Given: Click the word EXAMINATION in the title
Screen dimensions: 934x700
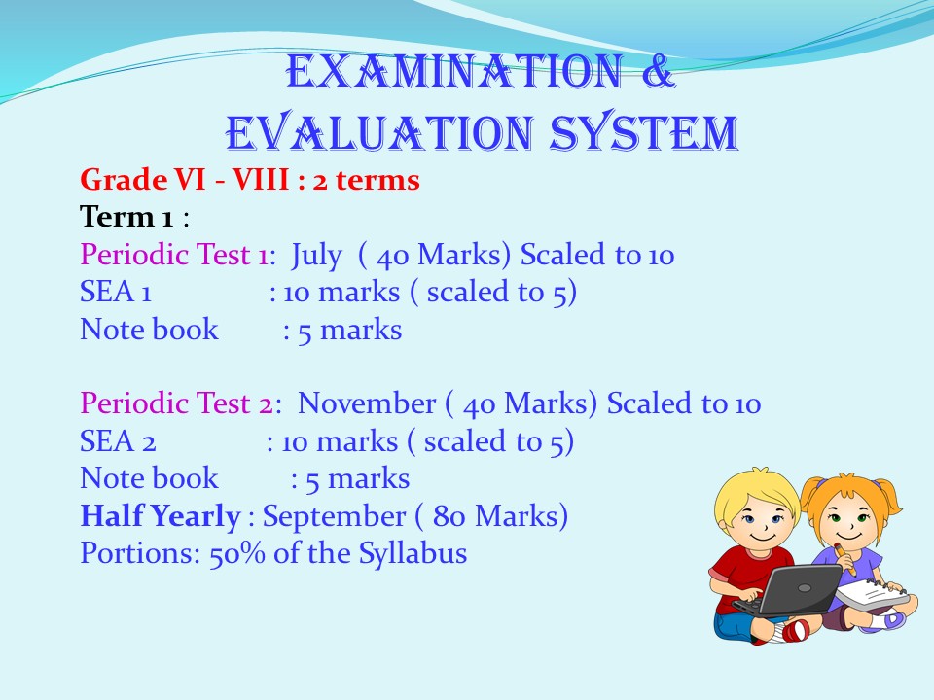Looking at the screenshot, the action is coord(454,72).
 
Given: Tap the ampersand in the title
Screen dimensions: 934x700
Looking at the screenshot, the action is coord(659,72).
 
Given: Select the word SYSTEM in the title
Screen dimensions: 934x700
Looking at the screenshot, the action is coord(644,132).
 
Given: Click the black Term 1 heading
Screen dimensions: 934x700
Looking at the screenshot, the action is coord(126,217).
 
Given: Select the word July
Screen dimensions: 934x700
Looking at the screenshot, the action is coord(316,256).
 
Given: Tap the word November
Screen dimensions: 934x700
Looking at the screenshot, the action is coord(367,403).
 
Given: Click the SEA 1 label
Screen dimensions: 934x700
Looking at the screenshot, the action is coord(116,293).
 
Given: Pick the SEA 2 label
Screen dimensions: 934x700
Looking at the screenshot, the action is coord(118,441).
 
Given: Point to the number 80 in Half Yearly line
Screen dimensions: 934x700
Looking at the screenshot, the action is coord(449,516).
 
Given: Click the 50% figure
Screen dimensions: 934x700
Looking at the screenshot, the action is coord(237,553).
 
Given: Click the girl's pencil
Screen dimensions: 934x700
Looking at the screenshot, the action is coord(845,559).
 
